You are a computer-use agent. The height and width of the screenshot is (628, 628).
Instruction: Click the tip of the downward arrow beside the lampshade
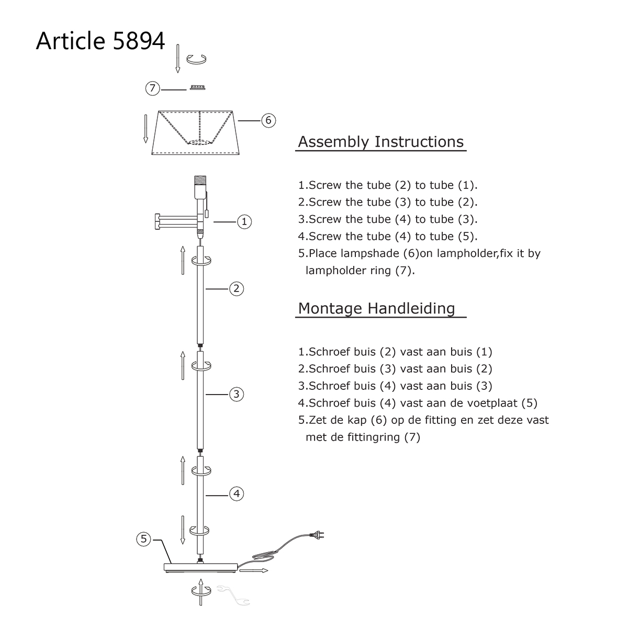145,143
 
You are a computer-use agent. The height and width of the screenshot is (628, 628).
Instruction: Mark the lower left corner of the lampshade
152,154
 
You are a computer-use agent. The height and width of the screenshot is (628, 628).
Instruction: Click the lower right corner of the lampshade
240,154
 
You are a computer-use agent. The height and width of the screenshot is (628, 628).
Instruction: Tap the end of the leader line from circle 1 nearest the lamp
214,222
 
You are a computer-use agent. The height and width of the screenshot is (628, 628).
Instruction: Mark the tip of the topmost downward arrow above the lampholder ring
177,72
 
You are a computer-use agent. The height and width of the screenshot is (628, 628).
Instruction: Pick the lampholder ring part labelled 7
197,87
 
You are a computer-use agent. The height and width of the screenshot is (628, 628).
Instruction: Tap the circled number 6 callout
268,120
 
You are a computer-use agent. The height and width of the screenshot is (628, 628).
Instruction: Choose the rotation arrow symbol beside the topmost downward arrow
196,59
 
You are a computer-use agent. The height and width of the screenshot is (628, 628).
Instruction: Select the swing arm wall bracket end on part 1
158,222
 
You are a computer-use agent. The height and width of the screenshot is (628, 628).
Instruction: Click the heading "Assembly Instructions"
380,142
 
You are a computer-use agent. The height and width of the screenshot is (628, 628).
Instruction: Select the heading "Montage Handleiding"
376,308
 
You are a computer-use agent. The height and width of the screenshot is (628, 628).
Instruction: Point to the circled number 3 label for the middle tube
237,395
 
